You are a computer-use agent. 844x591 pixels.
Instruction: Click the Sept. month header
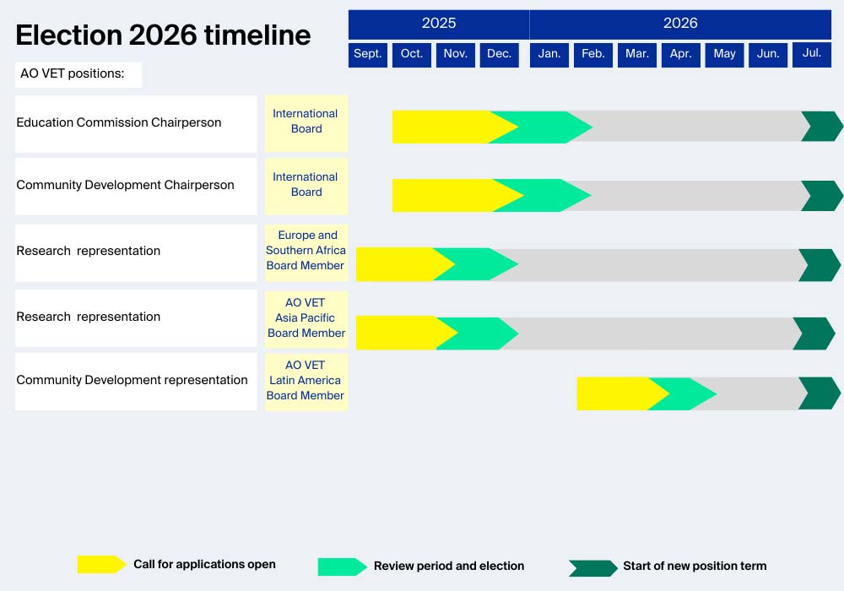coord(368,55)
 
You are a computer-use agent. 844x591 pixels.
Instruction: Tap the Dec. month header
coord(499,55)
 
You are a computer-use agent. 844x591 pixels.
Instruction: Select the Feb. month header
coord(593,55)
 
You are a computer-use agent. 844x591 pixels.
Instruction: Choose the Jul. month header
coord(812,55)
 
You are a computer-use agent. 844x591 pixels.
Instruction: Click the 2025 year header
coord(439,24)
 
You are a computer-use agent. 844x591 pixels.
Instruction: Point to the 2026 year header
coord(680,24)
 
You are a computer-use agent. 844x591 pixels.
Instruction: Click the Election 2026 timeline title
coord(163,35)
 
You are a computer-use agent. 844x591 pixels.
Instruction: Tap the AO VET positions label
coord(72,73)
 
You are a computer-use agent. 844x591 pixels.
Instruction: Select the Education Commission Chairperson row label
coord(119,122)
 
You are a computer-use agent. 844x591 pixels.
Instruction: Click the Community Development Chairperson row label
coord(126,185)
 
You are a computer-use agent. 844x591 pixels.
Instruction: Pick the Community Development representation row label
coord(132,380)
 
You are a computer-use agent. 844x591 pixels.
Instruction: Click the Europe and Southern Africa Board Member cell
coord(306,251)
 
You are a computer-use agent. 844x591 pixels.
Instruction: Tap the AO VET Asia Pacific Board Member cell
coord(306,318)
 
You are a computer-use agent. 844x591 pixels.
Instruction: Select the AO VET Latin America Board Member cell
coord(306,381)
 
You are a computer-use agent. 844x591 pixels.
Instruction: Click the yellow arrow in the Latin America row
coord(622,393)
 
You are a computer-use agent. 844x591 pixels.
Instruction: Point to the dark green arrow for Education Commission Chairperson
coord(822,127)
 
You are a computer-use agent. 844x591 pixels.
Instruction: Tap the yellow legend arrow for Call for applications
coord(102,564)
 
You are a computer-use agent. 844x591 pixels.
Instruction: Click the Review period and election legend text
coord(449,567)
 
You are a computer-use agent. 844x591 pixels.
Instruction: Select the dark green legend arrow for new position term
coord(593,568)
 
